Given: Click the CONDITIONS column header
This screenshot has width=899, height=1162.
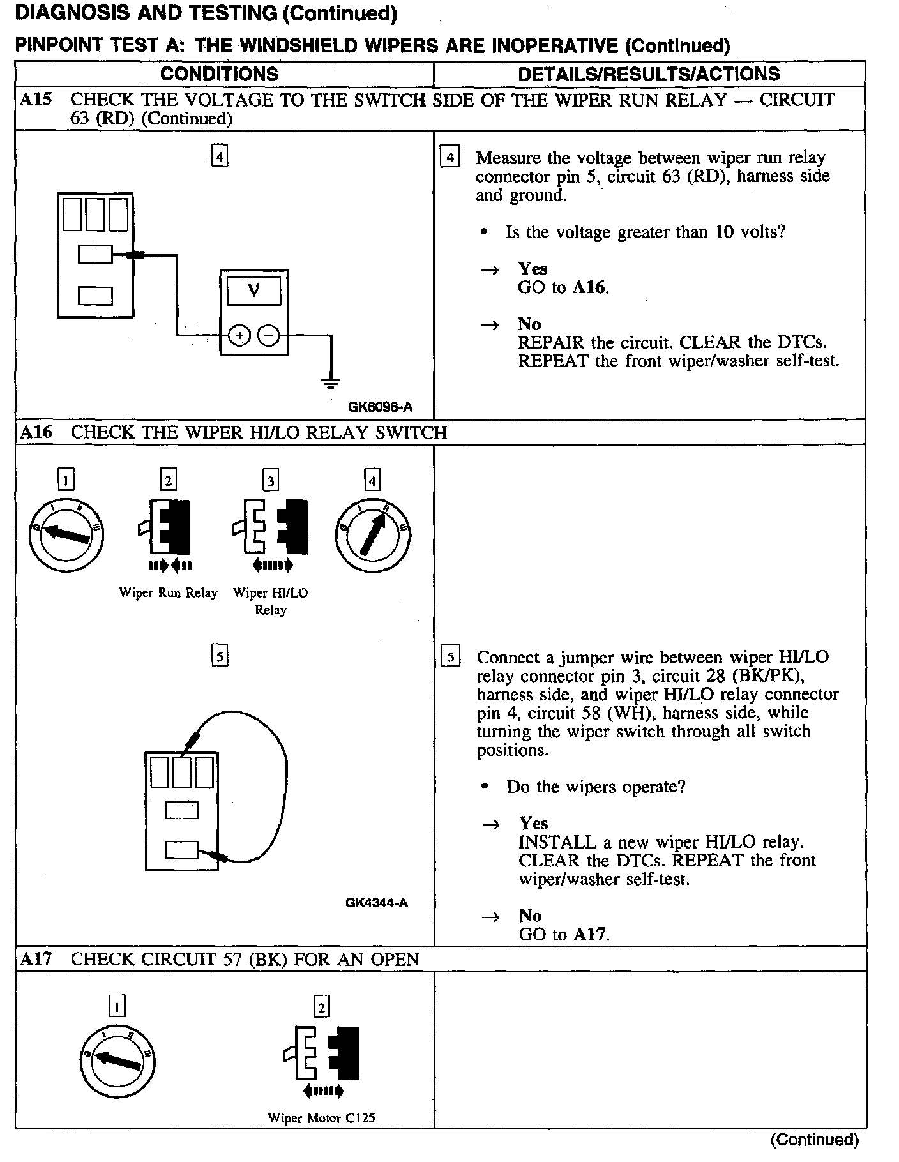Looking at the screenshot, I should [219, 74].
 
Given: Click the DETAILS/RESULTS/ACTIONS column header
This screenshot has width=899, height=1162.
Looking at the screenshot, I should [649, 74].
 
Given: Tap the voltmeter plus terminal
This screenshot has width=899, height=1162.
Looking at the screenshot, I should [239, 335].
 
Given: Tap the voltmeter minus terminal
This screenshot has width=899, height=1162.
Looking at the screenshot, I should [269, 335].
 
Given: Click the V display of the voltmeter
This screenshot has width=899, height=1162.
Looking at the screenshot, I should [253, 291].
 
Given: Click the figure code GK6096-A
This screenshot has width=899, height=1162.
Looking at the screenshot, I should [380, 406].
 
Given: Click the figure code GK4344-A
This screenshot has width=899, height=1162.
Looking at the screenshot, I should [377, 902].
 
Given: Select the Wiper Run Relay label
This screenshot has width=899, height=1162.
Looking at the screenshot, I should [168, 592].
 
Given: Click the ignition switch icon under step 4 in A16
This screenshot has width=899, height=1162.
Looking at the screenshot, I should [373, 534].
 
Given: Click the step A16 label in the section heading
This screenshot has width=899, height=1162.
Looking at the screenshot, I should [36, 432].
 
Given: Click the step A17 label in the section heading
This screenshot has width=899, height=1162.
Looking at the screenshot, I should [36, 959].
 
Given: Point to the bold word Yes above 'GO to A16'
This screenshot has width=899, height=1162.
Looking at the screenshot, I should [533, 268].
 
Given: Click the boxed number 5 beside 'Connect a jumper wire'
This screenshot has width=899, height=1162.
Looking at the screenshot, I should [451, 657].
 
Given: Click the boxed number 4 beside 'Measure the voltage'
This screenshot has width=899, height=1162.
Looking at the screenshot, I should [450, 157].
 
